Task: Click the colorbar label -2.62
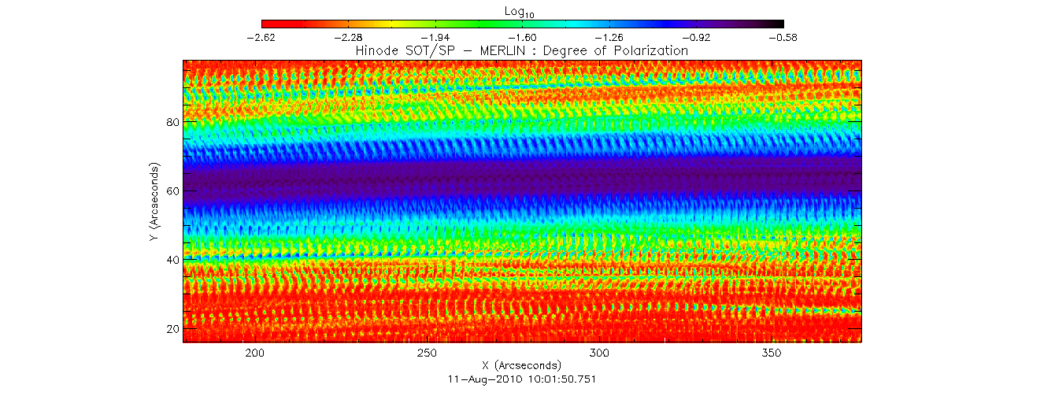[x=261, y=37]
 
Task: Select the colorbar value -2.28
[x=348, y=37]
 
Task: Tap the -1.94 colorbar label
[x=435, y=37]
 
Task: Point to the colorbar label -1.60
[x=523, y=37]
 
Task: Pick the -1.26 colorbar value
[x=609, y=37]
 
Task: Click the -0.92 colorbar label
[x=697, y=37]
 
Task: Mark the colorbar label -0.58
[x=783, y=37]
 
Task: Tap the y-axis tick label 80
[x=171, y=123]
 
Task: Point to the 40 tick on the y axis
[x=171, y=260]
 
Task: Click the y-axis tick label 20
[x=171, y=328]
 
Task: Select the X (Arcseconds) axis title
[x=522, y=366]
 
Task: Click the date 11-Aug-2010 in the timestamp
[x=480, y=379]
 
